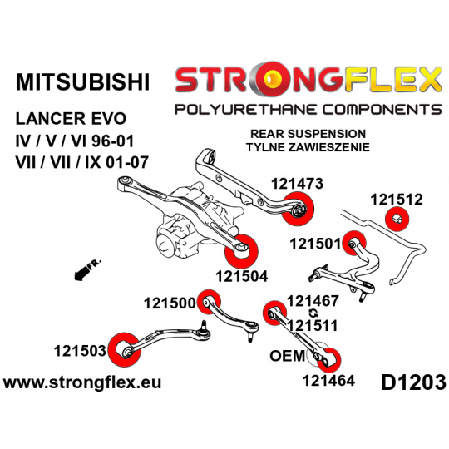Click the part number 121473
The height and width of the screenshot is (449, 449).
tap(297, 184)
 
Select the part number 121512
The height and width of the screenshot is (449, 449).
tap(397, 200)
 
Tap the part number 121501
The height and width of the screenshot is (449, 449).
tap(316, 244)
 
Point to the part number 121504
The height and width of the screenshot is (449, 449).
tap(242, 276)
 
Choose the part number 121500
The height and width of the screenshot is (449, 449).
tap(170, 303)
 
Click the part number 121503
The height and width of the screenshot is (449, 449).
tap(80, 351)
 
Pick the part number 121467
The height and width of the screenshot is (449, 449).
tap(313, 301)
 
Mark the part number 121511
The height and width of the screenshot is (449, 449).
tap(313, 326)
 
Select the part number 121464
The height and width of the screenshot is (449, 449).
tap(328, 381)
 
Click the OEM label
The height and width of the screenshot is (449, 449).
tap(287, 356)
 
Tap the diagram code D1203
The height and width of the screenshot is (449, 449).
tap(413, 382)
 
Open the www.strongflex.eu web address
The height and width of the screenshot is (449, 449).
tap(82, 382)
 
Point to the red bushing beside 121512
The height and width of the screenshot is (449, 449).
tap(397, 220)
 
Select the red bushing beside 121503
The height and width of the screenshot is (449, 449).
tap(125, 349)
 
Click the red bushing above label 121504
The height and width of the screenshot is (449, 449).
tap(241, 250)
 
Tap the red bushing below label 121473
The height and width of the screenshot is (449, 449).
tap(298, 209)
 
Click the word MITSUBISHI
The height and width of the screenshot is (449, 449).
tap(82, 82)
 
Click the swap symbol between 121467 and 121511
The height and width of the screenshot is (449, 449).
tap(313, 313)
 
